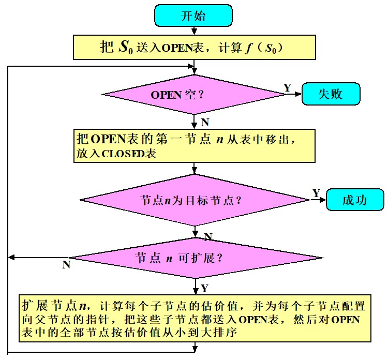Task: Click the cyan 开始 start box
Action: click(193, 16)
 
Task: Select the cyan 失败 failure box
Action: click(331, 94)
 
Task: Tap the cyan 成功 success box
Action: click(355, 200)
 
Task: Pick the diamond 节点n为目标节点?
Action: click(193, 200)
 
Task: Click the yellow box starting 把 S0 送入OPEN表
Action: click(193, 48)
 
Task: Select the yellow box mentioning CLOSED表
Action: click(193, 146)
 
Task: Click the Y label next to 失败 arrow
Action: click(287, 87)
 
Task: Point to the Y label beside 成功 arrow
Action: click(316, 193)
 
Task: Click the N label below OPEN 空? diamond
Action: click(205, 123)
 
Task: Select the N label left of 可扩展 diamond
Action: click(66, 265)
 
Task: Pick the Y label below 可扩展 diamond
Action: click(205, 288)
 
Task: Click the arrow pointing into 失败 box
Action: click(295, 95)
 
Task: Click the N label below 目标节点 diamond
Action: click(208, 236)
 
